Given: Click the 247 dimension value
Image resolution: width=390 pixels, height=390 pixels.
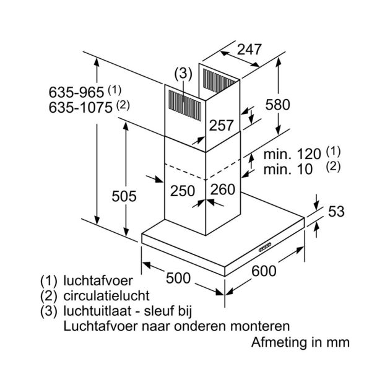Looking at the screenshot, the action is [x=249, y=50].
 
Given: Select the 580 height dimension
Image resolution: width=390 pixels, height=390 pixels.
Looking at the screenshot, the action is [x=277, y=105].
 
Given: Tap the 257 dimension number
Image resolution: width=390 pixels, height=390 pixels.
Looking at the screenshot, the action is [x=222, y=125].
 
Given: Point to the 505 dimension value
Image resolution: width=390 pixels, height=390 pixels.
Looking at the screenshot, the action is [x=124, y=196].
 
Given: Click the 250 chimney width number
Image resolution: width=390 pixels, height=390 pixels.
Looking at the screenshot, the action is [x=183, y=191].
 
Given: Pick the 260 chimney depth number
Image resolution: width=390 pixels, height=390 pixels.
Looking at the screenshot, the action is [x=223, y=189].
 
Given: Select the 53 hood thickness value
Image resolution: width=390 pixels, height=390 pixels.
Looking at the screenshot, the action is [x=336, y=212].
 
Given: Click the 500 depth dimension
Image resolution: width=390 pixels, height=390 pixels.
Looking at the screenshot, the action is [x=178, y=278].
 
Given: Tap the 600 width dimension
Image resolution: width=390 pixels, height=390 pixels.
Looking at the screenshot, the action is [x=264, y=271].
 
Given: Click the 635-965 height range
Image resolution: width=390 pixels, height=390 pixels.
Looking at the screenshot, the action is [x=76, y=92].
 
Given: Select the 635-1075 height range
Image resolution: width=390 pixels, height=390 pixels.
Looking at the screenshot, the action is [x=80, y=108].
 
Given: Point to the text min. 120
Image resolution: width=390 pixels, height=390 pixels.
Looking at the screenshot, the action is [x=292, y=154].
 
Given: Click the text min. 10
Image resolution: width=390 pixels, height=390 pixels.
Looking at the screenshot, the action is [x=288, y=170].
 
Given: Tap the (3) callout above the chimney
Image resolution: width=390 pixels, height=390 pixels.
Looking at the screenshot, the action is [x=183, y=74].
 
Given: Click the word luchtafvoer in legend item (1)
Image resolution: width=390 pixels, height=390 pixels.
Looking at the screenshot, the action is [x=98, y=280].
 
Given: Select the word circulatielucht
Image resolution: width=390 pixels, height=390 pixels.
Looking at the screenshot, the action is [x=106, y=296].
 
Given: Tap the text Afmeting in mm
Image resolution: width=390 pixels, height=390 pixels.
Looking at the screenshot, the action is [x=300, y=342].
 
